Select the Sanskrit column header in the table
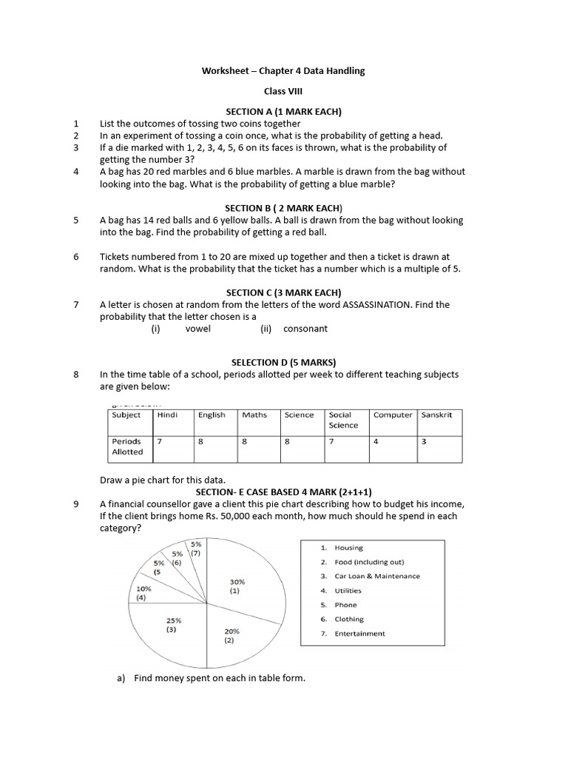(x=436, y=415)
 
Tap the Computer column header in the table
(x=393, y=415)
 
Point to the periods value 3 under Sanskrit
(x=424, y=441)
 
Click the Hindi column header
(x=167, y=415)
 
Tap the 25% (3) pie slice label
(x=175, y=625)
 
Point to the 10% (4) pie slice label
(x=142, y=593)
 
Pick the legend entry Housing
(x=348, y=548)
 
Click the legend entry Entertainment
(x=359, y=634)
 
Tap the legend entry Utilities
(x=348, y=591)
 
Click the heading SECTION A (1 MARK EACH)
(x=283, y=112)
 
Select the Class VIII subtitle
(x=283, y=91)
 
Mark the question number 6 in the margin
(x=75, y=257)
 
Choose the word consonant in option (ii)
(x=305, y=329)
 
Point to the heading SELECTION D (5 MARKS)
(x=283, y=362)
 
